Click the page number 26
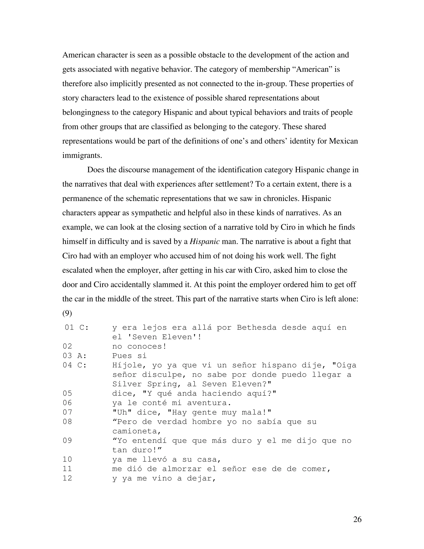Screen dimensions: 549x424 click(x=357, y=519)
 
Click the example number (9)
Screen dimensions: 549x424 click(x=67, y=313)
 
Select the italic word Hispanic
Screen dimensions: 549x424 click(x=205, y=242)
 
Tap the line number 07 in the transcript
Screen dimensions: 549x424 click(x=67, y=412)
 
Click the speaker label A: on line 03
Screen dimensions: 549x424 click(x=82, y=356)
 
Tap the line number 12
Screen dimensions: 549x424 click(x=67, y=478)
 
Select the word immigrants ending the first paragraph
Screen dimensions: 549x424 click(x=82, y=155)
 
